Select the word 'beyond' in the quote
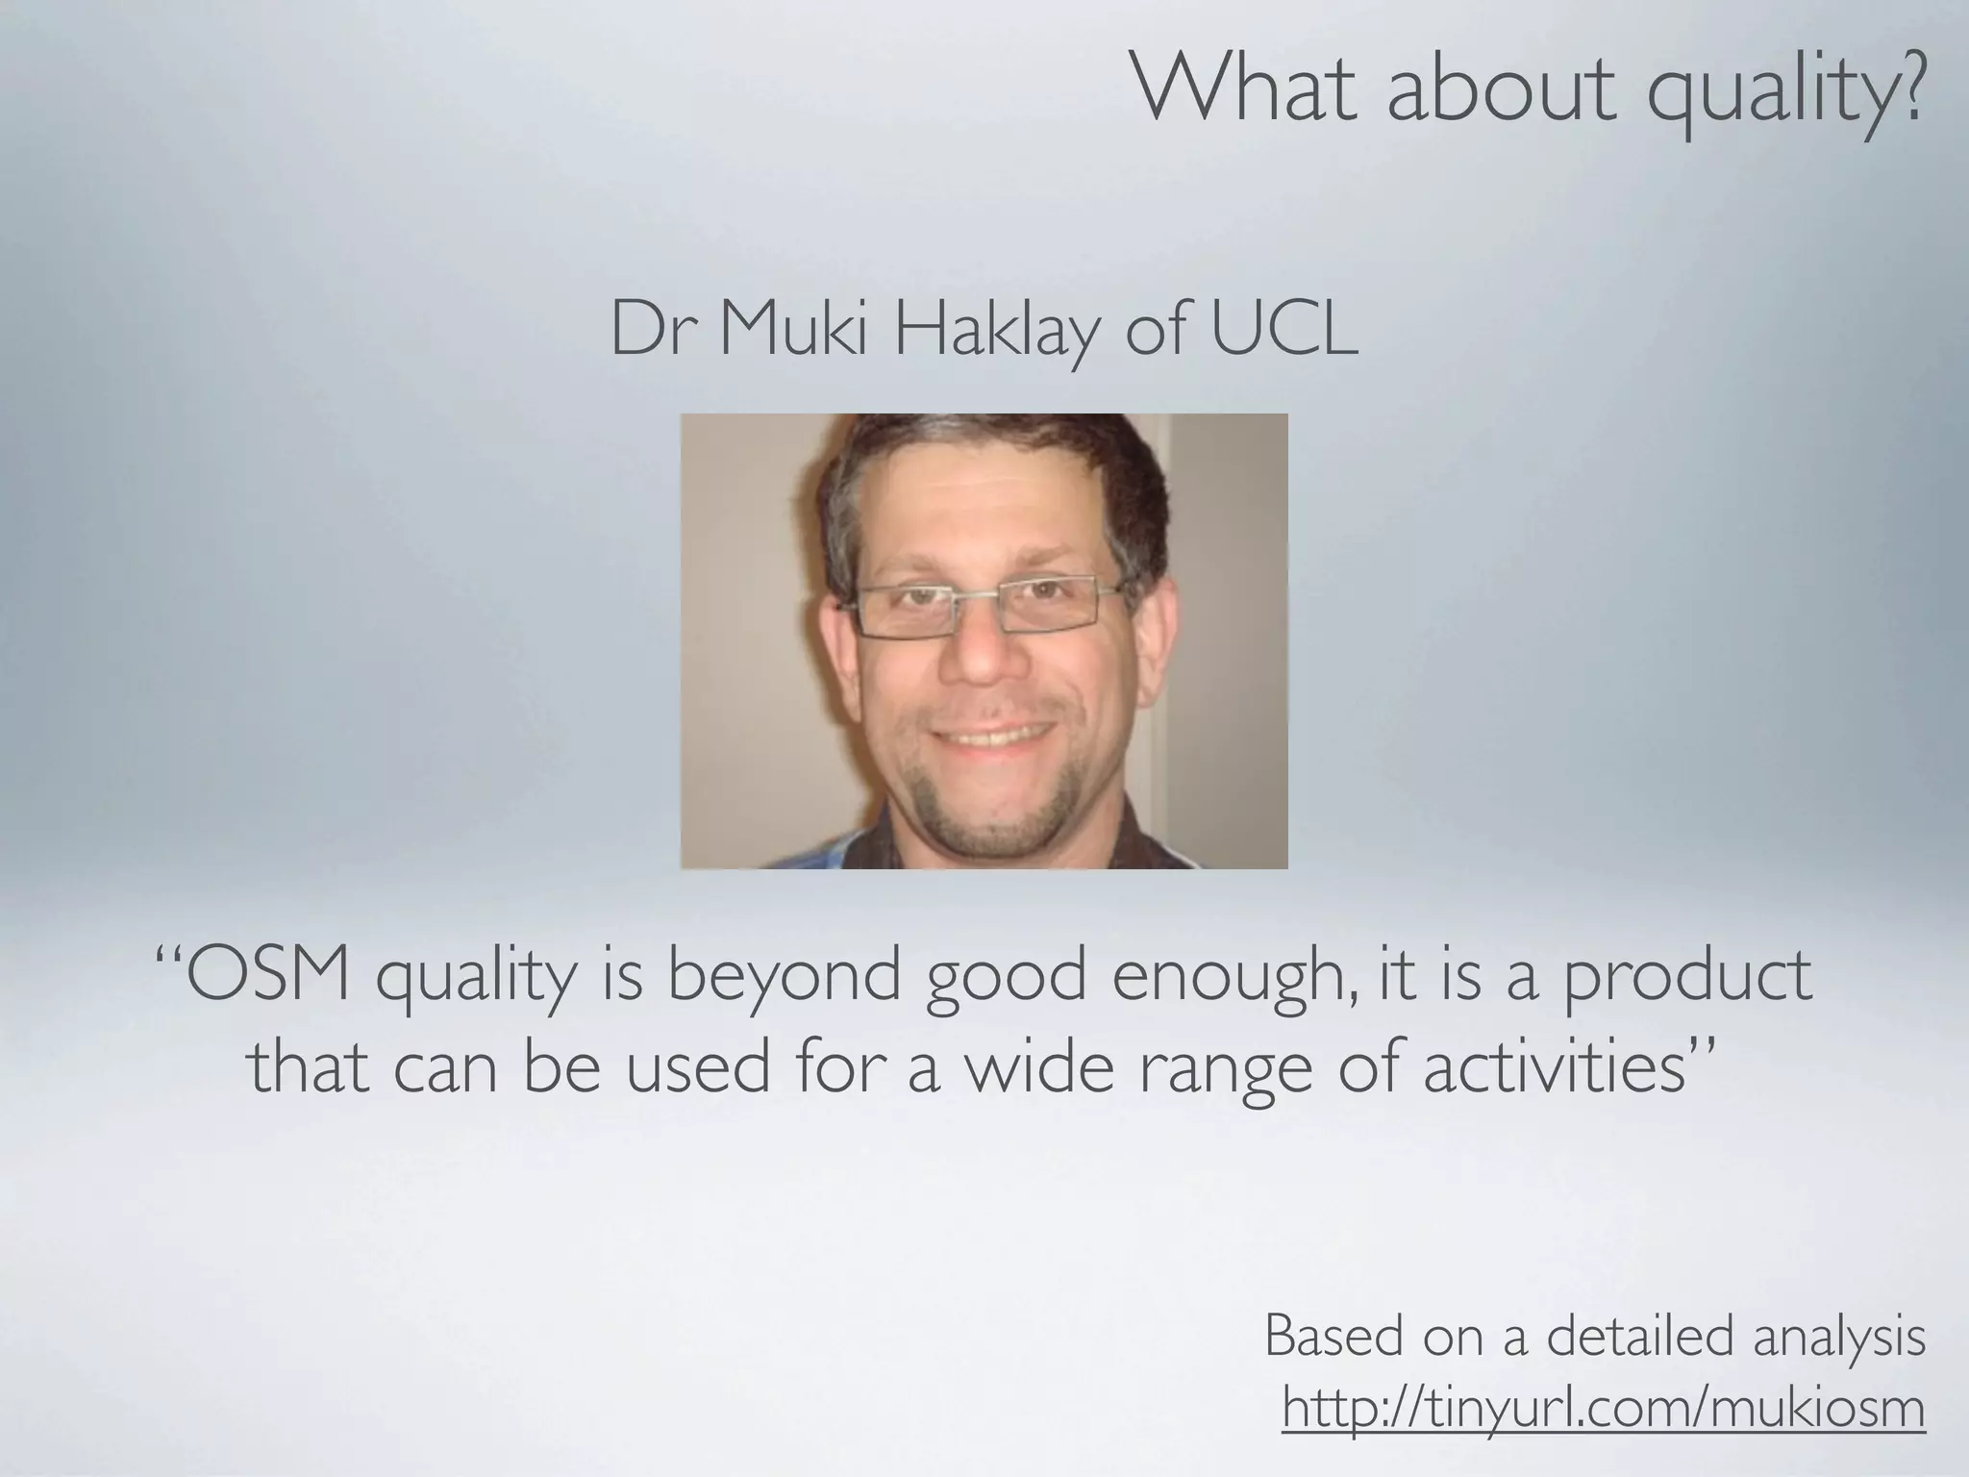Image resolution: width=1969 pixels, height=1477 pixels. point(784,979)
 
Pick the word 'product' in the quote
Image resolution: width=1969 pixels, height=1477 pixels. point(1687,979)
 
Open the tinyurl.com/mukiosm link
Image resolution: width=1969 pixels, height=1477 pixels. point(1604,1410)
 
